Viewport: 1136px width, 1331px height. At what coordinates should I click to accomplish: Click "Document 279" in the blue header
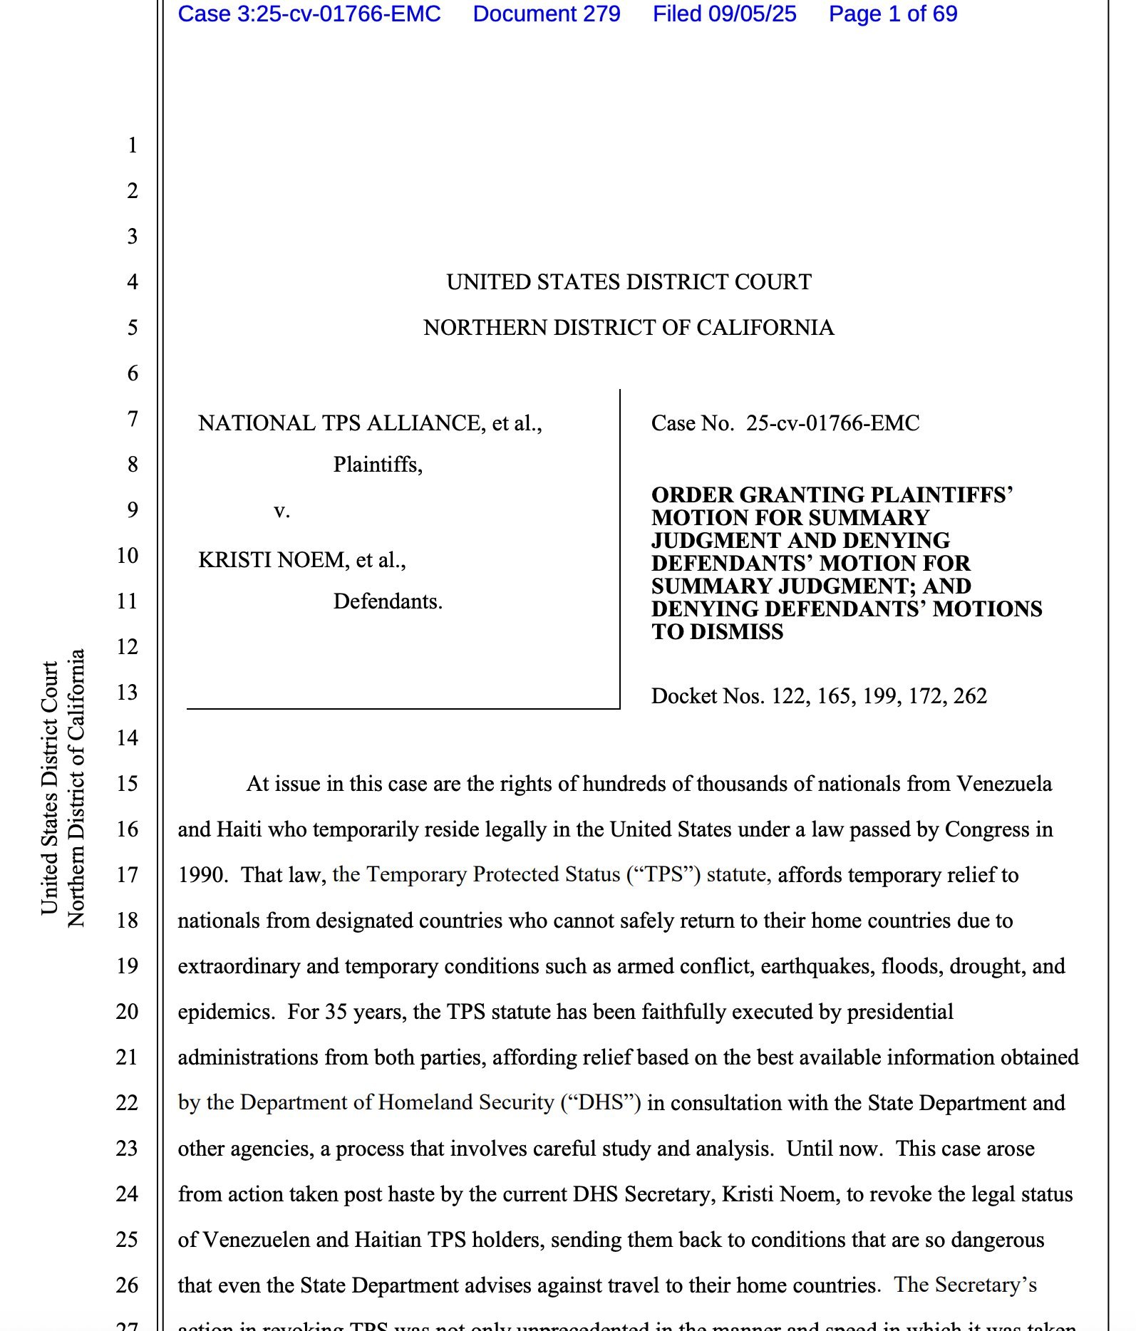[547, 14]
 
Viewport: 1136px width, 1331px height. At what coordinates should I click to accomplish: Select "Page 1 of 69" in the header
[893, 14]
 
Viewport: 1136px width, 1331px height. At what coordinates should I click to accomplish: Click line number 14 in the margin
[128, 738]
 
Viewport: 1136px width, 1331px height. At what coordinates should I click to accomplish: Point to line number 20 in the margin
[128, 1012]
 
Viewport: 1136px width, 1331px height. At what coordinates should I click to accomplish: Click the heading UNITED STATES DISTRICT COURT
[629, 282]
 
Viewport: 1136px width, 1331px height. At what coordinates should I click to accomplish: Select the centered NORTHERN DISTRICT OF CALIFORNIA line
[629, 328]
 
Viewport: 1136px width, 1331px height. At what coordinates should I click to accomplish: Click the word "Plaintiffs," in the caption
[378, 465]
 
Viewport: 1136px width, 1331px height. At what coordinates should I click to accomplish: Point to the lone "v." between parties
[282, 511]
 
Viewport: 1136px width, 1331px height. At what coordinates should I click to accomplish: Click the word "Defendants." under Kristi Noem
[388, 601]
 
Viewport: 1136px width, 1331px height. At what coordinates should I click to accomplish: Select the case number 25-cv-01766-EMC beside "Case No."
[832, 423]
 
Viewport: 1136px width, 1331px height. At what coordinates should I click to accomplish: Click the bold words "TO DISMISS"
[717, 632]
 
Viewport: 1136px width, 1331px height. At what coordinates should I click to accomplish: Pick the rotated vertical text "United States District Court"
[49, 787]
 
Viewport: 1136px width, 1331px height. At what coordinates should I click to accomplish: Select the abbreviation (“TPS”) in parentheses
[663, 874]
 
